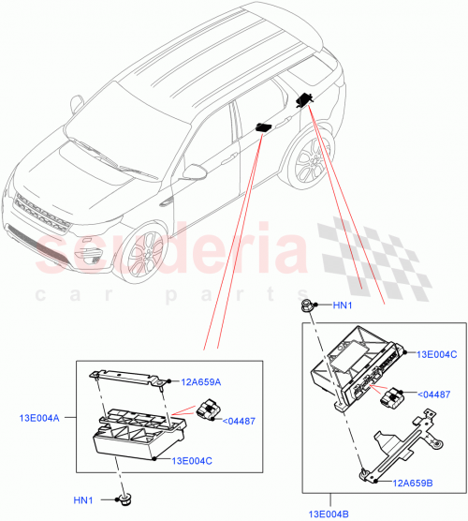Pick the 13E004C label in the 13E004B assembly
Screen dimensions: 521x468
pos(437,354)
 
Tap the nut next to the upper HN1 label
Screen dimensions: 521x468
pos(306,304)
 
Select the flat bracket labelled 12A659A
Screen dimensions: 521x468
pos(131,377)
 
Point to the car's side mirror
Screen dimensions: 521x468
pos(194,172)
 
